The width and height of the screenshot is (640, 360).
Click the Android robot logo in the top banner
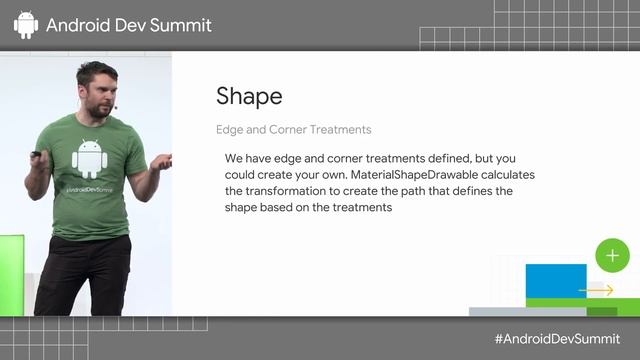tap(26, 24)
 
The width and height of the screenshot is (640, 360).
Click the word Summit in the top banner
tap(182, 25)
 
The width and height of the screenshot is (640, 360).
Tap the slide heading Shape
tap(249, 96)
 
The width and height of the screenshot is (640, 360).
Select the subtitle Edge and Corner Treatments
tap(293, 130)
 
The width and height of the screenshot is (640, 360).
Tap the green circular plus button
tap(612, 255)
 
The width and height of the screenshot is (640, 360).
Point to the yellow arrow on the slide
tap(597, 290)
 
